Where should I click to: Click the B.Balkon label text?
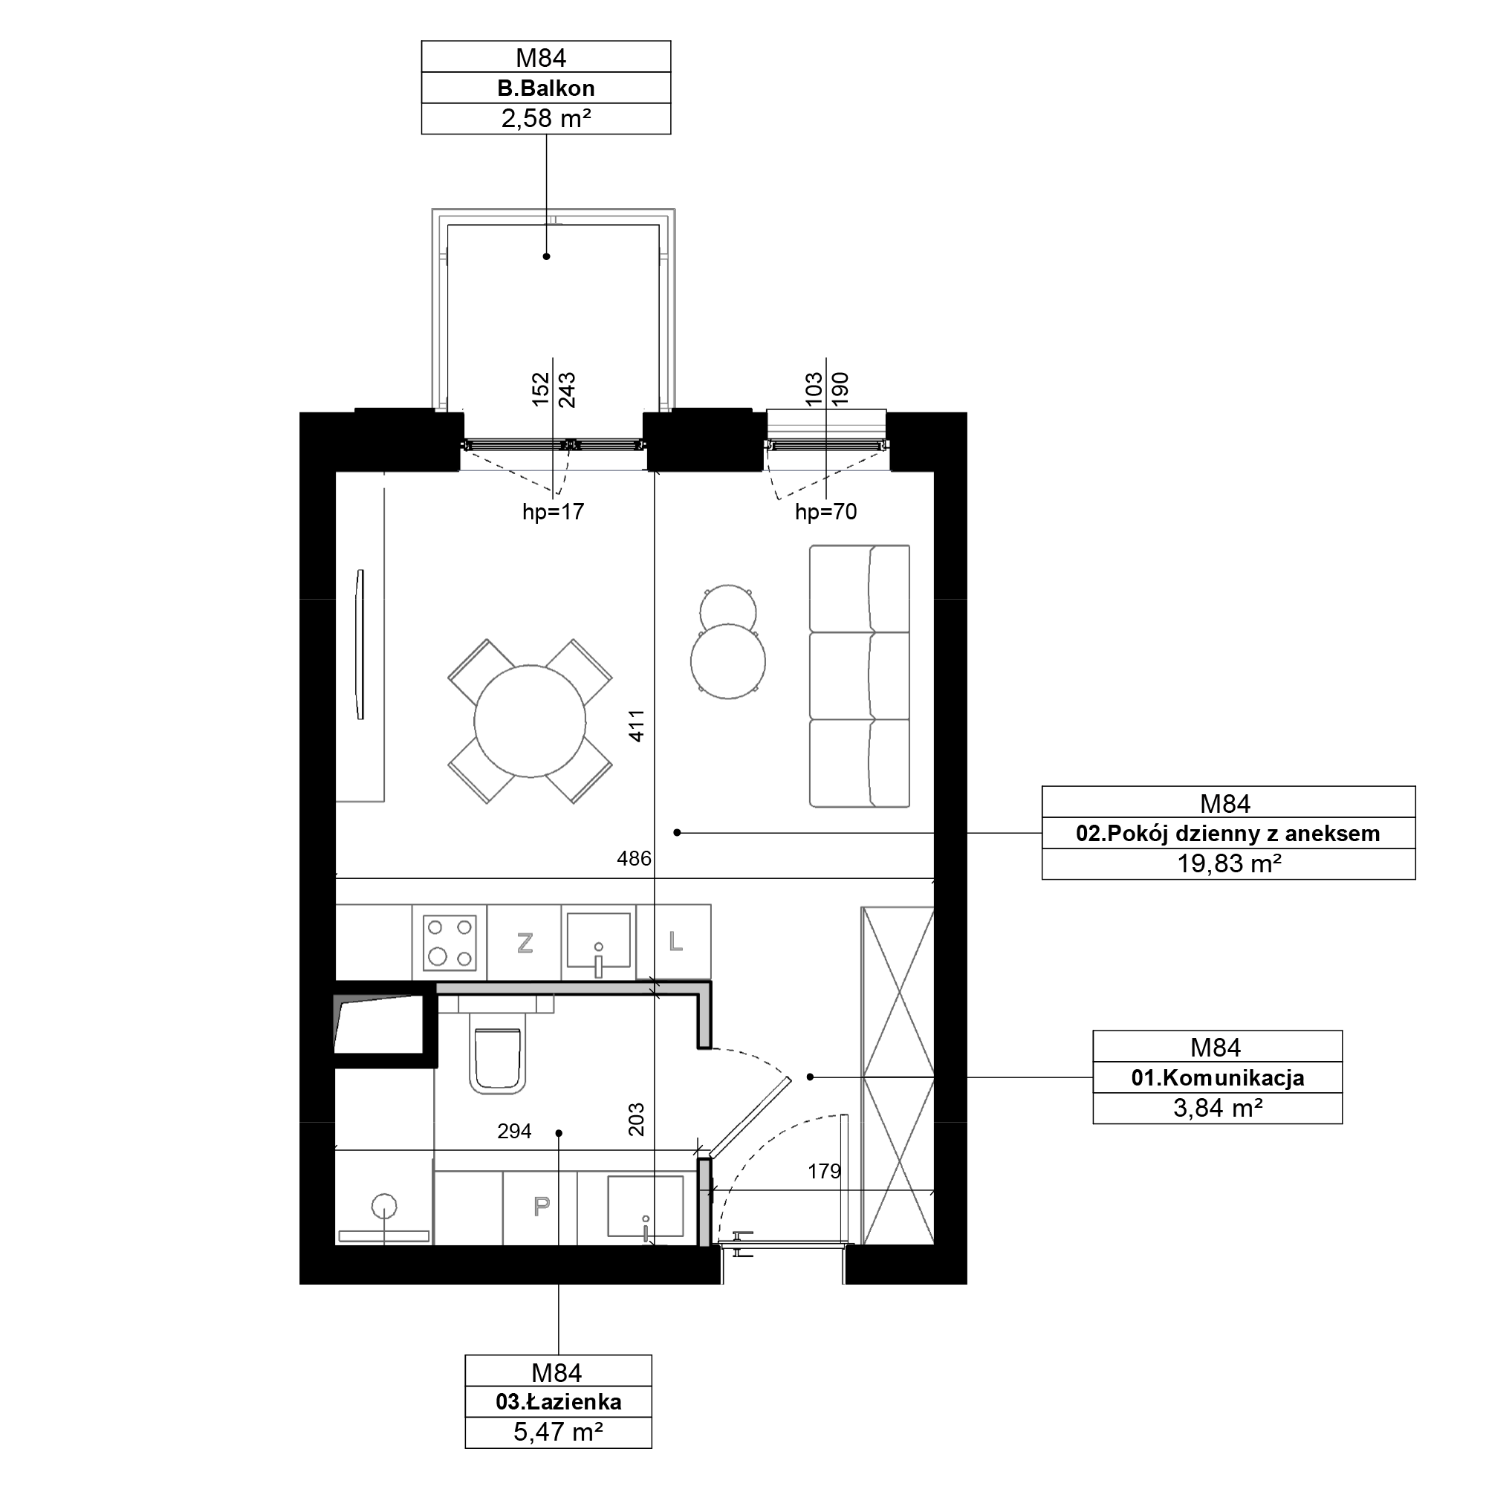(x=545, y=88)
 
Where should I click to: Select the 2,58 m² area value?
(x=545, y=118)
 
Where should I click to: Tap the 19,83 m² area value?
(x=1228, y=864)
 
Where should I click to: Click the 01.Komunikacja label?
(x=1217, y=1077)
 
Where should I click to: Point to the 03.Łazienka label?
(x=559, y=1401)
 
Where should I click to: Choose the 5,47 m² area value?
(x=559, y=1432)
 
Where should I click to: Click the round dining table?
(x=530, y=721)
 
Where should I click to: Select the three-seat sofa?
(x=859, y=676)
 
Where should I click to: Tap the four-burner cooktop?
(x=450, y=942)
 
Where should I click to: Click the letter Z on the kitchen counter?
(x=525, y=942)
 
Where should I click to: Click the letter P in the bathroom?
(x=542, y=1205)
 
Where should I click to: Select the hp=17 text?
(x=553, y=511)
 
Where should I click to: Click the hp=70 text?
(x=826, y=511)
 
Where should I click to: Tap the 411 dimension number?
(x=637, y=725)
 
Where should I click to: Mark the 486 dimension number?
(x=634, y=858)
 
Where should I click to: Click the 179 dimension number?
(x=825, y=1172)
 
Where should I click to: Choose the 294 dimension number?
(x=515, y=1131)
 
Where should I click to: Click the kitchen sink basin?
(x=598, y=940)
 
